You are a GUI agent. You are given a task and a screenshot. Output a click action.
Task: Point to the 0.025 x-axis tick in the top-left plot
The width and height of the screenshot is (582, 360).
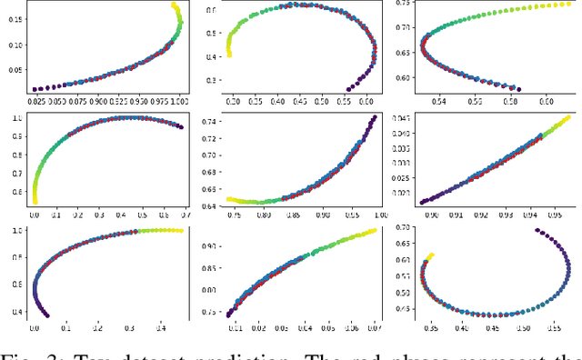[36, 100]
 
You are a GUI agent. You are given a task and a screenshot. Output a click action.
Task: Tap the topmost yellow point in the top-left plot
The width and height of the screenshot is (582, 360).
[176, 5]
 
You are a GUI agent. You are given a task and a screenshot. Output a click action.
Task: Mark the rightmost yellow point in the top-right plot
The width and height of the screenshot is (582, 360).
[569, 4]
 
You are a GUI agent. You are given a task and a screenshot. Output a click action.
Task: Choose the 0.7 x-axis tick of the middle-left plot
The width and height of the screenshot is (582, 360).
[180, 216]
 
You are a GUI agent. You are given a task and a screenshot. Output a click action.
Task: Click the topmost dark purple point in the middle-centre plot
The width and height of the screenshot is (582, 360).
[373, 118]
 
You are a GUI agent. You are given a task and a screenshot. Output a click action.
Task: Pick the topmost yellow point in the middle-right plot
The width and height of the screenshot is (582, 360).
[568, 117]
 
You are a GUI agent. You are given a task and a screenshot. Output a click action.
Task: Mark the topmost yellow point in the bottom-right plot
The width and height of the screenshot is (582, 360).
[430, 256]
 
